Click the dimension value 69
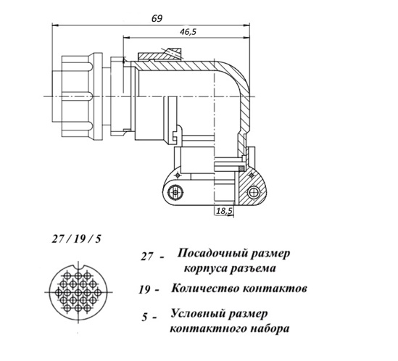157,19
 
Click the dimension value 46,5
188,32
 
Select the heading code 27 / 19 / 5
76,239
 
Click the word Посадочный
212,254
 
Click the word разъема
252,268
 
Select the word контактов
275,289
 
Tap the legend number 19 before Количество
144,290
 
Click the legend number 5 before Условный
145,318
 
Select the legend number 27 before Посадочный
147,257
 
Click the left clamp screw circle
175,192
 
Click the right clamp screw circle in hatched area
253,193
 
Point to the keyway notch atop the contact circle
78,267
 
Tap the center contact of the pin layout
78,292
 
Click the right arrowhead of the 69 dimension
246,25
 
